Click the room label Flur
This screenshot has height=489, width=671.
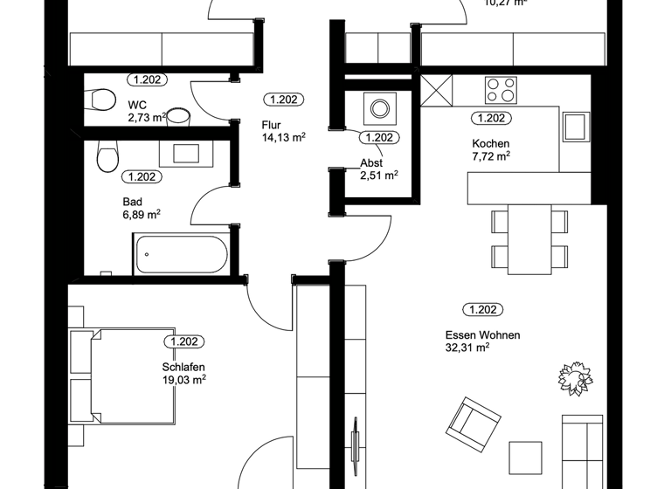click(272, 124)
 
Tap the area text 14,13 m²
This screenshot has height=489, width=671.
click(283, 137)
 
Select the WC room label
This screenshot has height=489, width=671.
click(136, 105)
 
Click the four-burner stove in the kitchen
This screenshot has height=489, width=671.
click(501, 90)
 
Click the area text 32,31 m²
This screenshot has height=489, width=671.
click(467, 348)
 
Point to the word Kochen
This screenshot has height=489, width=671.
click(490, 143)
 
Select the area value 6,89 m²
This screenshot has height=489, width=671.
click(141, 213)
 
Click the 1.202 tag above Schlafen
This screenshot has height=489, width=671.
click(187, 342)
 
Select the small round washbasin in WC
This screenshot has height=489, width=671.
click(179, 115)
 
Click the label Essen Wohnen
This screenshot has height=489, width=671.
click(482, 335)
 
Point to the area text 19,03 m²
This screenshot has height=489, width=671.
click(183, 380)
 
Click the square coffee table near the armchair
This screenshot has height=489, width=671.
click(526, 458)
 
